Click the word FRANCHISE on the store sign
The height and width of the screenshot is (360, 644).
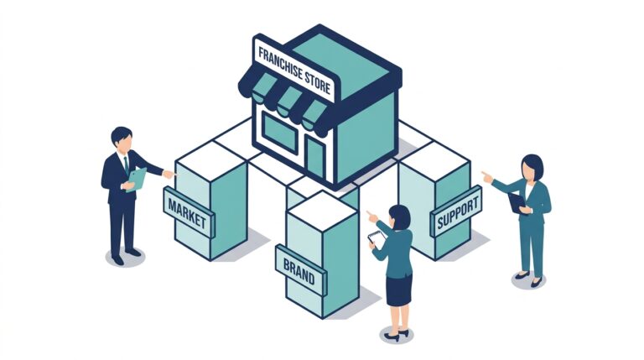280,62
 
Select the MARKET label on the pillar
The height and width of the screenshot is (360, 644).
187,213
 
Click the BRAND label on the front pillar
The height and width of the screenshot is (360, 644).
299,271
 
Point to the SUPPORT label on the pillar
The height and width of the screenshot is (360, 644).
457,211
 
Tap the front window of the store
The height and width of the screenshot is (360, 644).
280,133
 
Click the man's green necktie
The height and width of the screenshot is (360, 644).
126,164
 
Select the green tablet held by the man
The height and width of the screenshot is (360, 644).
138,180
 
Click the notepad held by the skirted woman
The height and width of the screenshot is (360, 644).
377,238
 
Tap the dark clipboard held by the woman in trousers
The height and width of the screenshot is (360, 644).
517,202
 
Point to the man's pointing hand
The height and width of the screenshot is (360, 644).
169,175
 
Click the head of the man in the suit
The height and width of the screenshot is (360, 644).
122,139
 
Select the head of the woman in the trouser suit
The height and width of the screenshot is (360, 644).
532,167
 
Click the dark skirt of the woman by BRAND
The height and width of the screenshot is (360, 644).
399,290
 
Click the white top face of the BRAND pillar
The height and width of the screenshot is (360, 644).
322,211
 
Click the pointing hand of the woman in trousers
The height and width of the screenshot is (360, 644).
487,177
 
